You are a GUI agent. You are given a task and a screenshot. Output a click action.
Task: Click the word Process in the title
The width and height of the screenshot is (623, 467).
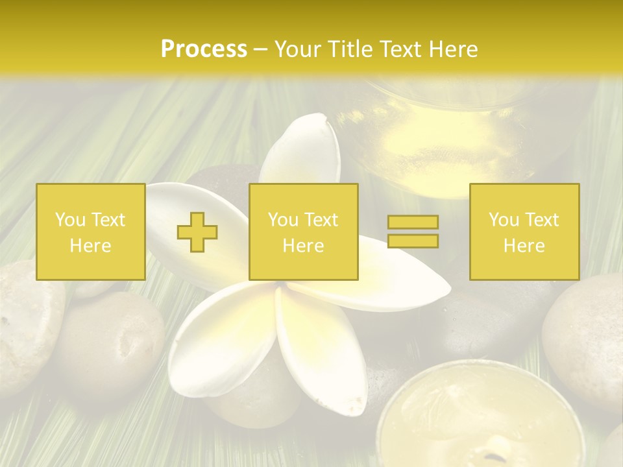point(204,49)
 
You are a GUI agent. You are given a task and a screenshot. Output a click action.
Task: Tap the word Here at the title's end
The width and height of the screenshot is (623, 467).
point(452,49)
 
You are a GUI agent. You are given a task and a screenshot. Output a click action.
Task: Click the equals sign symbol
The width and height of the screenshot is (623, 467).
point(413,232)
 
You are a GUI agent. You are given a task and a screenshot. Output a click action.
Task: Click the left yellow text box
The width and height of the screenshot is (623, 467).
point(90,232)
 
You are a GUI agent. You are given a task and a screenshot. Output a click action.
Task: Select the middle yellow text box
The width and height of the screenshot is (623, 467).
point(303,232)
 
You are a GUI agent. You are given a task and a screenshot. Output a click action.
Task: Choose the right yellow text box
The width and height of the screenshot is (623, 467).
point(524,232)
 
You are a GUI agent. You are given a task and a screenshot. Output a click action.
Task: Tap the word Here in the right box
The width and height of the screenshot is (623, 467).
point(524,246)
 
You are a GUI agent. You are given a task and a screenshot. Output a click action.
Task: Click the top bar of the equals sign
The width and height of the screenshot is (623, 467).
point(413,222)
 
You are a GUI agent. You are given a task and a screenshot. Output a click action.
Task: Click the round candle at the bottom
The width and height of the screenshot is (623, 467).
point(480,415)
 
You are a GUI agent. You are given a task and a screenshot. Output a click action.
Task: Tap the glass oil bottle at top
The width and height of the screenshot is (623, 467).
point(448,136)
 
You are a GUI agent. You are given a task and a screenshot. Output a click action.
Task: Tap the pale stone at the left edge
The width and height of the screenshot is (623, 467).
point(26,324)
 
